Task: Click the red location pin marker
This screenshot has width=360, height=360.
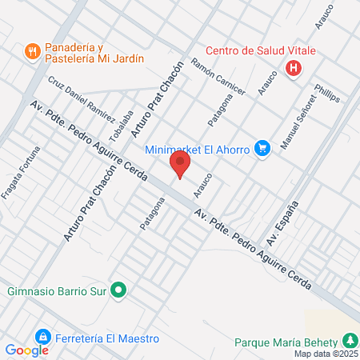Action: tap(180, 165)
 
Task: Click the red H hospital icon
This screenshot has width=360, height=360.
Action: tap(294, 68)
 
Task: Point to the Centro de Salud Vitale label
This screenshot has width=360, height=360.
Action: tap(261, 50)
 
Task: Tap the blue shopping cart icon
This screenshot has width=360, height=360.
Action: tap(261, 148)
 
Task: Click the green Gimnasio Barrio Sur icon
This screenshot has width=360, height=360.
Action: tap(118, 290)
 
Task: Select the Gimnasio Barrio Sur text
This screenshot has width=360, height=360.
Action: tap(56, 290)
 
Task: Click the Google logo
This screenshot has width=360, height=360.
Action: tap(26, 350)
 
